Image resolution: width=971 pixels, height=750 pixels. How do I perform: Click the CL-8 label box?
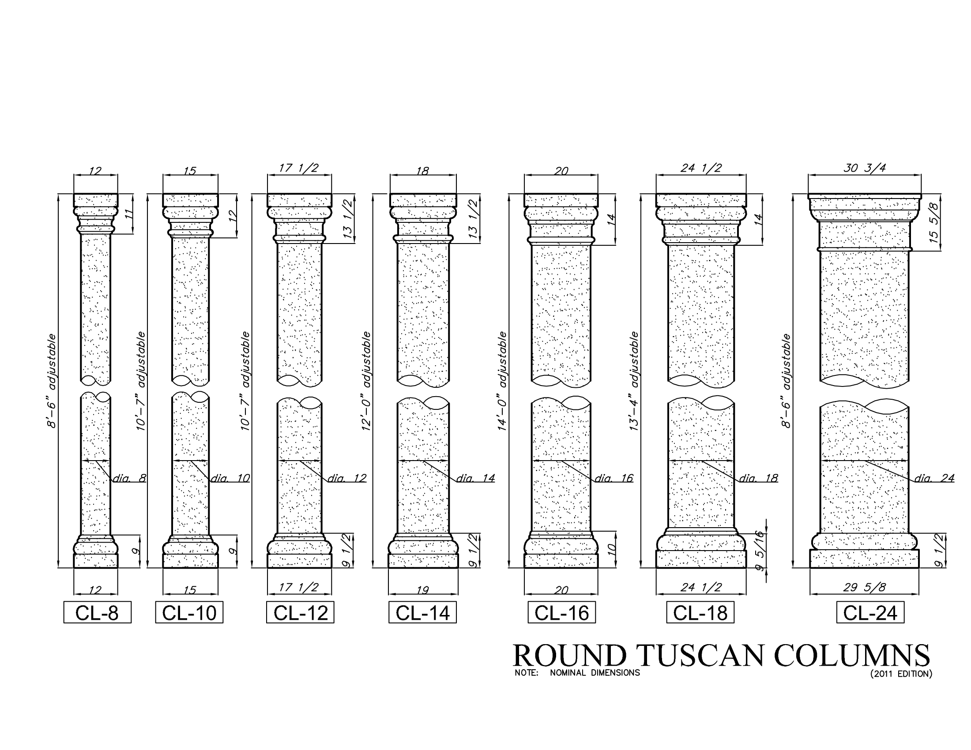[x=98, y=613]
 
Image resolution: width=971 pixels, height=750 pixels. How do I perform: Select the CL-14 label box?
[x=422, y=613]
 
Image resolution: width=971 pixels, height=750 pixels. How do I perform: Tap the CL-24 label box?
[x=870, y=613]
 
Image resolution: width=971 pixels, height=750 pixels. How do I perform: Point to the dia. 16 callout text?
[x=614, y=478]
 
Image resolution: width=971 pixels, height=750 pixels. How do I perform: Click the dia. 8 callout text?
[x=129, y=478]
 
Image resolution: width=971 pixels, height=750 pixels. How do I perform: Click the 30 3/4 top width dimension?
[x=865, y=168]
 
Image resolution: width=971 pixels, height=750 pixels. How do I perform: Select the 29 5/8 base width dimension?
[x=864, y=587]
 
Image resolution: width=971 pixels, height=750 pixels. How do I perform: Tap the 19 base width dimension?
[x=422, y=590]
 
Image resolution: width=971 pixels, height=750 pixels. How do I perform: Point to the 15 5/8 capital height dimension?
[x=934, y=223]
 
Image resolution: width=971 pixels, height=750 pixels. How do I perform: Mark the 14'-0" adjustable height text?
[x=502, y=381]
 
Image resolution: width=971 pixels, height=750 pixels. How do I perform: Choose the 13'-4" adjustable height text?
[x=634, y=381]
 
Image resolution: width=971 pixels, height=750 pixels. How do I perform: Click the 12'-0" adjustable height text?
[x=366, y=381]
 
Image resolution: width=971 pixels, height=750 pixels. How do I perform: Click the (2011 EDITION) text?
[x=901, y=674]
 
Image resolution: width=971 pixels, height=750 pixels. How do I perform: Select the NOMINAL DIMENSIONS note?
[x=595, y=673]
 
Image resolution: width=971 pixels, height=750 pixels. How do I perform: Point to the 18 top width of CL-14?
[x=423, y=171]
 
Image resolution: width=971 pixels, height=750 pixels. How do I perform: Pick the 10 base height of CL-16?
[x=611, y=550]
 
